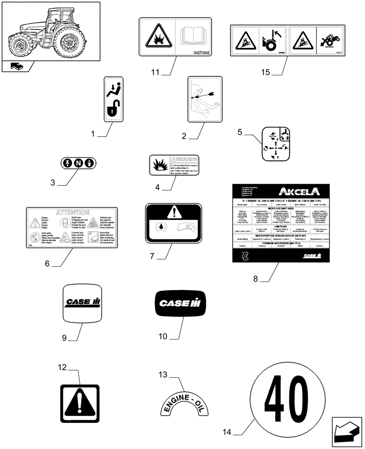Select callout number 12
pyautogui.click(x=62, y=368)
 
